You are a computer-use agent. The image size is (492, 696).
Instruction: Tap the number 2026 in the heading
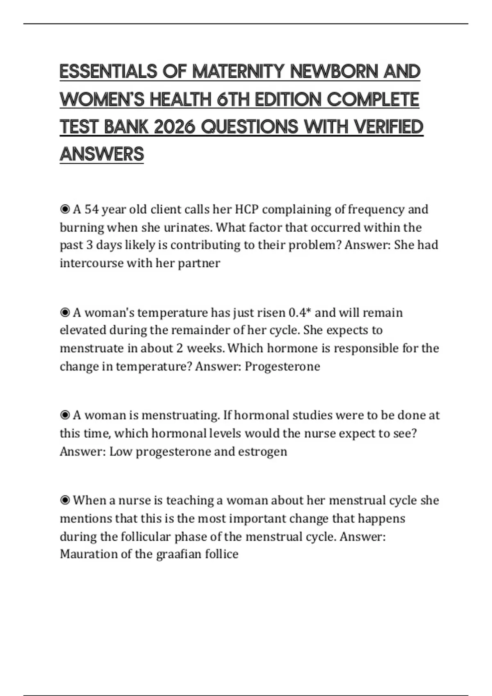coord(174,127)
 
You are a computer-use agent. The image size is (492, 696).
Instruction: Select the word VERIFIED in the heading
coord(388,127)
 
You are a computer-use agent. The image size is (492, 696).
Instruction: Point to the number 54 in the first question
coord(91,209)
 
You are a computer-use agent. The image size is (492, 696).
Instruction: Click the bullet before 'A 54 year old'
coord(65,209)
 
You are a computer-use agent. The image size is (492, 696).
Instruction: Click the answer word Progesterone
coord(282,366)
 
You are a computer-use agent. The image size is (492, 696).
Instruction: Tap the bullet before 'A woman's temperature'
coord(65,312)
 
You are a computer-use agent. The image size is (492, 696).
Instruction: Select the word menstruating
coord(180,415)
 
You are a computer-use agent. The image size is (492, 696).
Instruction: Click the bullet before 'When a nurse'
coord(65,500)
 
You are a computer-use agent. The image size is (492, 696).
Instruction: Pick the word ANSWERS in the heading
coord(102,154)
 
